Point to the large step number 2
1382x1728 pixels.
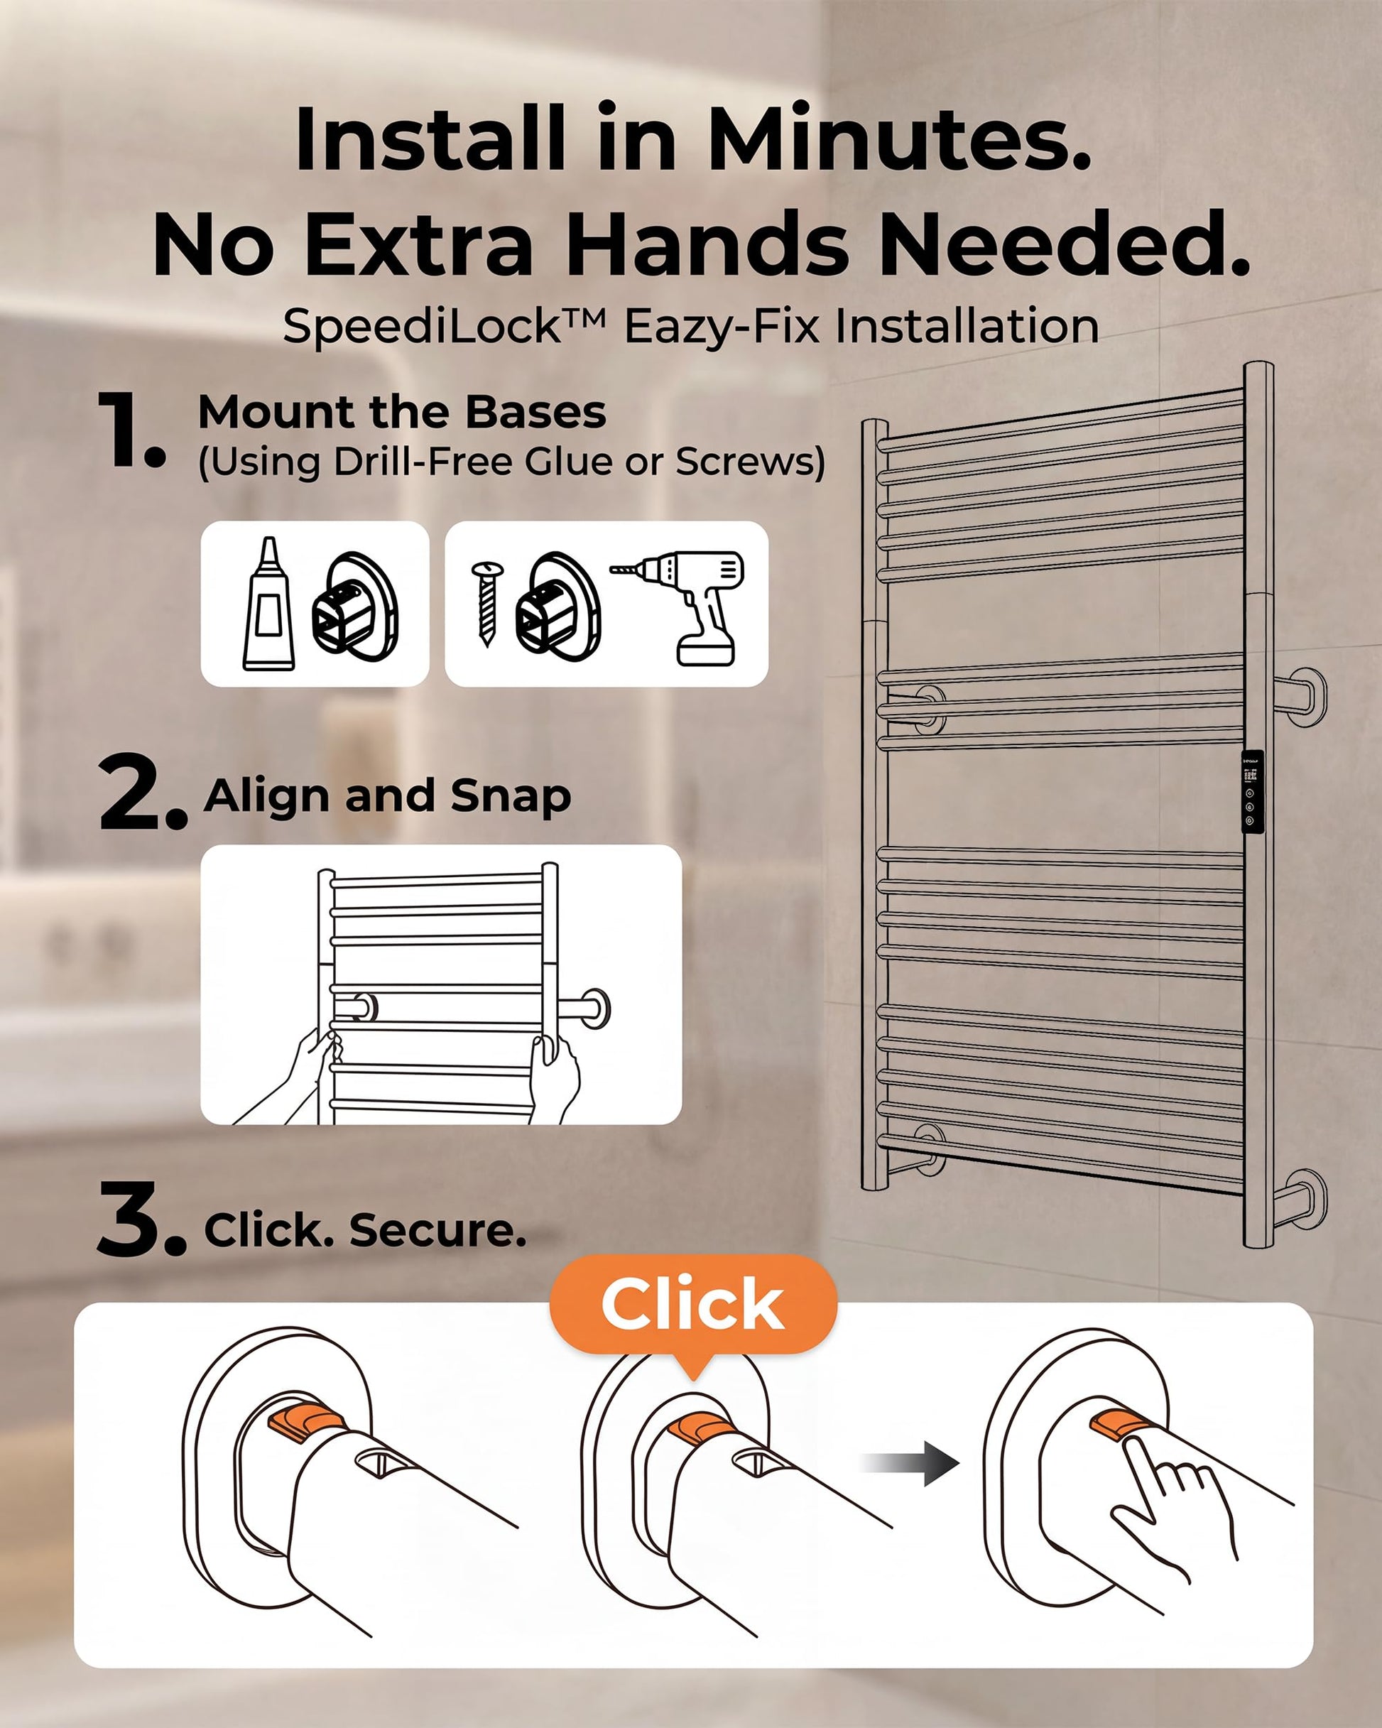[x=142, y=794]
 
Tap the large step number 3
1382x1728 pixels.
[x=141, y=1220]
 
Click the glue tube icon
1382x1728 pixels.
[x=268, y=604]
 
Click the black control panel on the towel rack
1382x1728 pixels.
[x=1251, y=792]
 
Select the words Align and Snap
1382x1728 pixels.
[x=387, y=796]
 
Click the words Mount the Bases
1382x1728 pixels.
[x=402, y=412]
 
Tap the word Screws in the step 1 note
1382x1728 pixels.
[x=749, y=462]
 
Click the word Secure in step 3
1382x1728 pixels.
[x=437, y=1231]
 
